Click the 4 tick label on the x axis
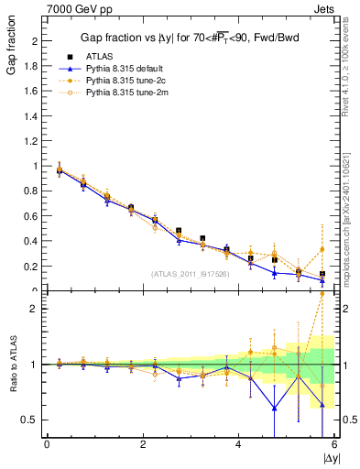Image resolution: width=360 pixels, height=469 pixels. (238, 445)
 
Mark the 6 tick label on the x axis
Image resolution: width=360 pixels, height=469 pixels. (334, 445)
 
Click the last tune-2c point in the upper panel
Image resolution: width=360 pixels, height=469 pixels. (322, 249)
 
